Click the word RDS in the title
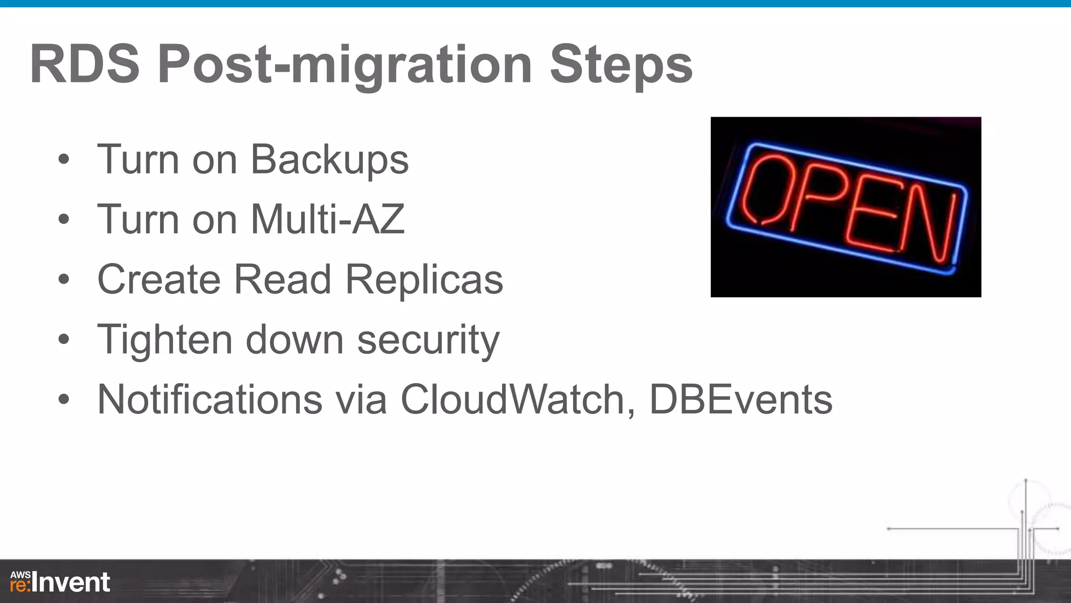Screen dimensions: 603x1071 [85, 64]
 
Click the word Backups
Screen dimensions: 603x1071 [329, 160]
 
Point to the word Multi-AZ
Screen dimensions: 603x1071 [328, 219]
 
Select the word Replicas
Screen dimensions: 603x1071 [424, 280]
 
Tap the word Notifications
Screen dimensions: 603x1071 [210, 399]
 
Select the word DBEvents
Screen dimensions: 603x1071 [740, 399]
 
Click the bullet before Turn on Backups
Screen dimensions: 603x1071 [64, 160]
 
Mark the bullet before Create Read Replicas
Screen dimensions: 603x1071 [64, 280]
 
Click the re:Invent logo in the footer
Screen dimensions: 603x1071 [60, 582]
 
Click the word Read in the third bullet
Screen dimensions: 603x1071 [282, 280]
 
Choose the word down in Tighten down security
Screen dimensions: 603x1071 [294, 340]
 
